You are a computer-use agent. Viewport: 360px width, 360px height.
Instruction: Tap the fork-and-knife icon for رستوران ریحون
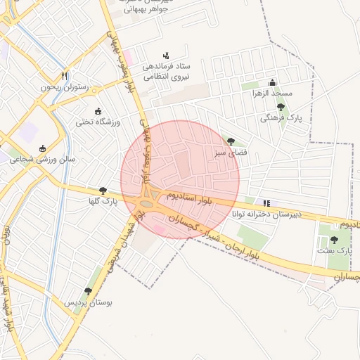click(x=64, y=75)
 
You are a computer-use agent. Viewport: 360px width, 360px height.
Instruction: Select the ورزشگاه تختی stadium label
click(x=98, y=122)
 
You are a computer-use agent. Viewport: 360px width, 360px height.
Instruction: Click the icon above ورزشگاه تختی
click(x=98, y=111)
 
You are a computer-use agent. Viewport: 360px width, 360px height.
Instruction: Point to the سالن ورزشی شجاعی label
click(x=42, y=160)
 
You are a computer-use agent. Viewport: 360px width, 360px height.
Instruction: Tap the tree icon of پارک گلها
click(x=103, y=191)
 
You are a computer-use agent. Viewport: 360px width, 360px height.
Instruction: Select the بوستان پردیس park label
click(x=89, y=302)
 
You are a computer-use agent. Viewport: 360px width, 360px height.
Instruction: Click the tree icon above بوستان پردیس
click(x=88, y=291)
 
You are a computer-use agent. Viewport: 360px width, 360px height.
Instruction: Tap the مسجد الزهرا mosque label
click(x=274, y=93)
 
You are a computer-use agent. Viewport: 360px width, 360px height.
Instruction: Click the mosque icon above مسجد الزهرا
click(x=273, y=82)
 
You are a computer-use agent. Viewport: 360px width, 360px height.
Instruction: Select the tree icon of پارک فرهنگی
click(x=281, y=107)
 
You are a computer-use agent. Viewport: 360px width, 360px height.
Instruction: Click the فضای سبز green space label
click(x=231, y=152)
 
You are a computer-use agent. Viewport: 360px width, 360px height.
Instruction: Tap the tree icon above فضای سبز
click(x=231, y=141)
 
